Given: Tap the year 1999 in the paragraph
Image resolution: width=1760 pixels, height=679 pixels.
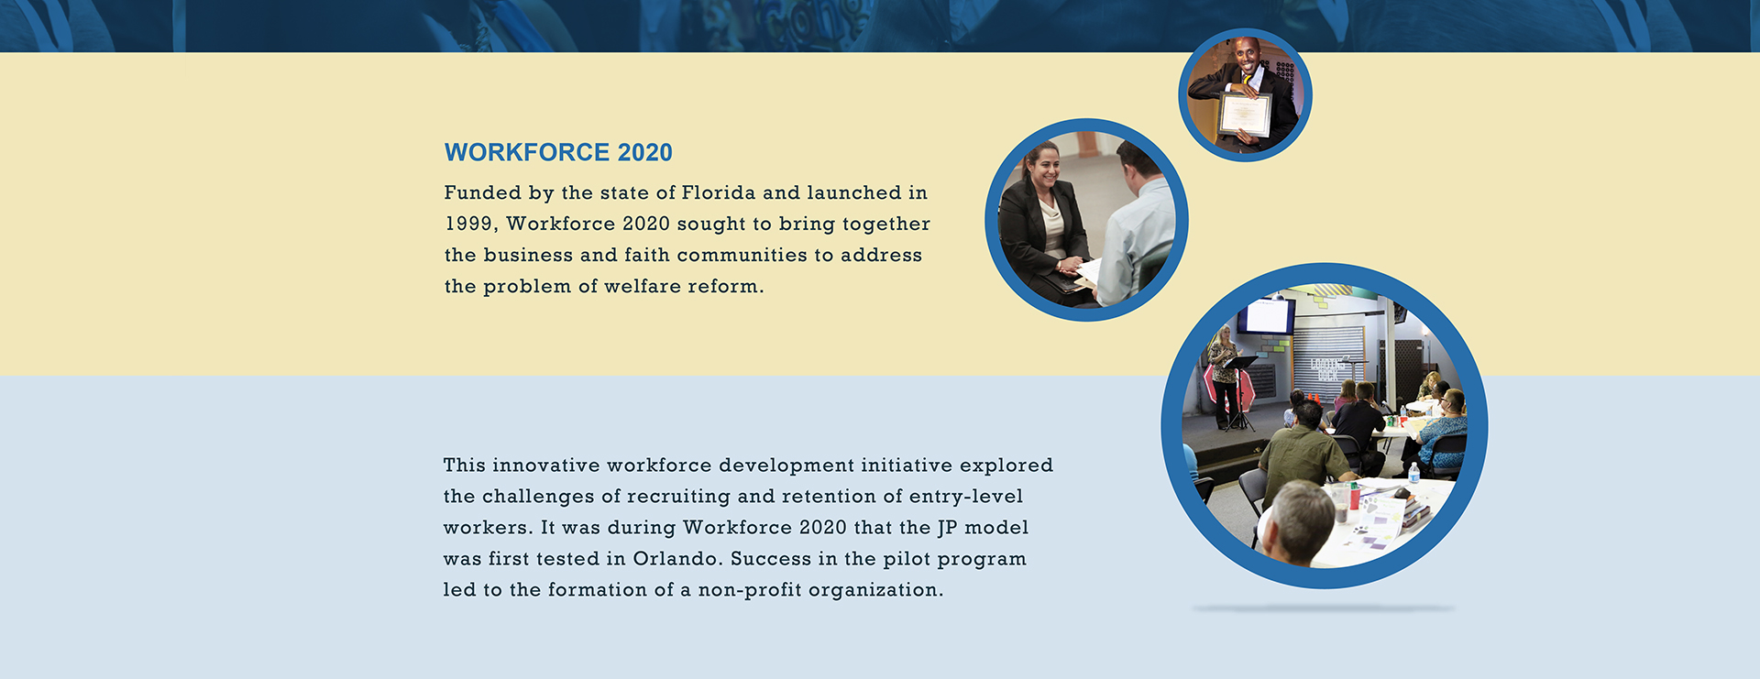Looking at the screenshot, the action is (x=468, y=225).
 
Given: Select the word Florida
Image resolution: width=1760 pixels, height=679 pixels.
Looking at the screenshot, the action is (x=719, y=192).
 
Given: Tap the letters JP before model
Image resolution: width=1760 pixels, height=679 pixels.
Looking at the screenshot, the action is (x=947, y=528).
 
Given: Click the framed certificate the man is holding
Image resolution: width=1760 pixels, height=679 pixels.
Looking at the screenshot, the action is (x=1244, y=115).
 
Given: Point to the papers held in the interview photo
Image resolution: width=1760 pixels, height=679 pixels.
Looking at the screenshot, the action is (x=1089, y=272).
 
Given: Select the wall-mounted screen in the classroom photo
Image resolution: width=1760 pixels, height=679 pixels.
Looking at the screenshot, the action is (x=1266, y=316).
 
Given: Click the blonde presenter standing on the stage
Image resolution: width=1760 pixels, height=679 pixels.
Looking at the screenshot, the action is (x=1224, y=377).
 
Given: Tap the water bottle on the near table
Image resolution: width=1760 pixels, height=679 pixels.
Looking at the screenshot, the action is (x=1413, y=473).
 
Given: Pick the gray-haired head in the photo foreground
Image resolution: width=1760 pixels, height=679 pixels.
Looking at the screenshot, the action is (x=1299, y=519).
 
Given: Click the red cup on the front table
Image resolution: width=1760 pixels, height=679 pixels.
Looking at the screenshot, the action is (x=1354, y=495).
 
